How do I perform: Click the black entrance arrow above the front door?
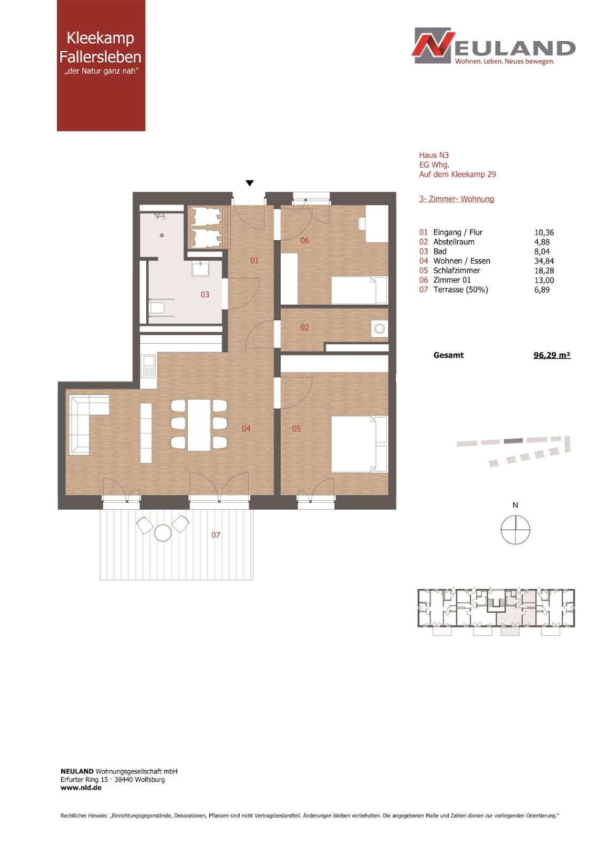pyautogui.click(x=250, y=183)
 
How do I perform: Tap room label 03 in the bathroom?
pyautogui.click(x=205, y=294)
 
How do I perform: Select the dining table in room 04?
pyautogui.click(x=198, y=424)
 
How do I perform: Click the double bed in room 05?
pyautogui.click(x=359, y=444)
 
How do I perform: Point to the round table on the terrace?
pyautogui.click(x=163, y=532)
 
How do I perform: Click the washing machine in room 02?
pyautogui.click(x=379, y=329)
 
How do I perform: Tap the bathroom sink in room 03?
pyautogui.click(x=200, y=268)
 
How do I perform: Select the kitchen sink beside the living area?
pyautogui.click(x=148, y=366)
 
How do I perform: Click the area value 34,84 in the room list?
pyautogui.click(x=544, y=261)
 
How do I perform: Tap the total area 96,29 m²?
pyautogui.click(x=552, y=355)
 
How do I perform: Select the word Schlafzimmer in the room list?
pyautogui.click(x=457, y=271)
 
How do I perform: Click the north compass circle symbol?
pyautogui.click(x=515, y=529)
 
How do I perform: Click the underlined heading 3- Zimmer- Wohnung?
pyautogui.click(x=457, y=199)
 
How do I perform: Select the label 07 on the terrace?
pyautogui.click(x=216, y=535)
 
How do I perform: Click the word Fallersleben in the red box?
pyautogui.click(x=100, y=57)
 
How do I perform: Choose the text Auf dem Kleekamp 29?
pyautogui.click(x=457, y=174)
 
